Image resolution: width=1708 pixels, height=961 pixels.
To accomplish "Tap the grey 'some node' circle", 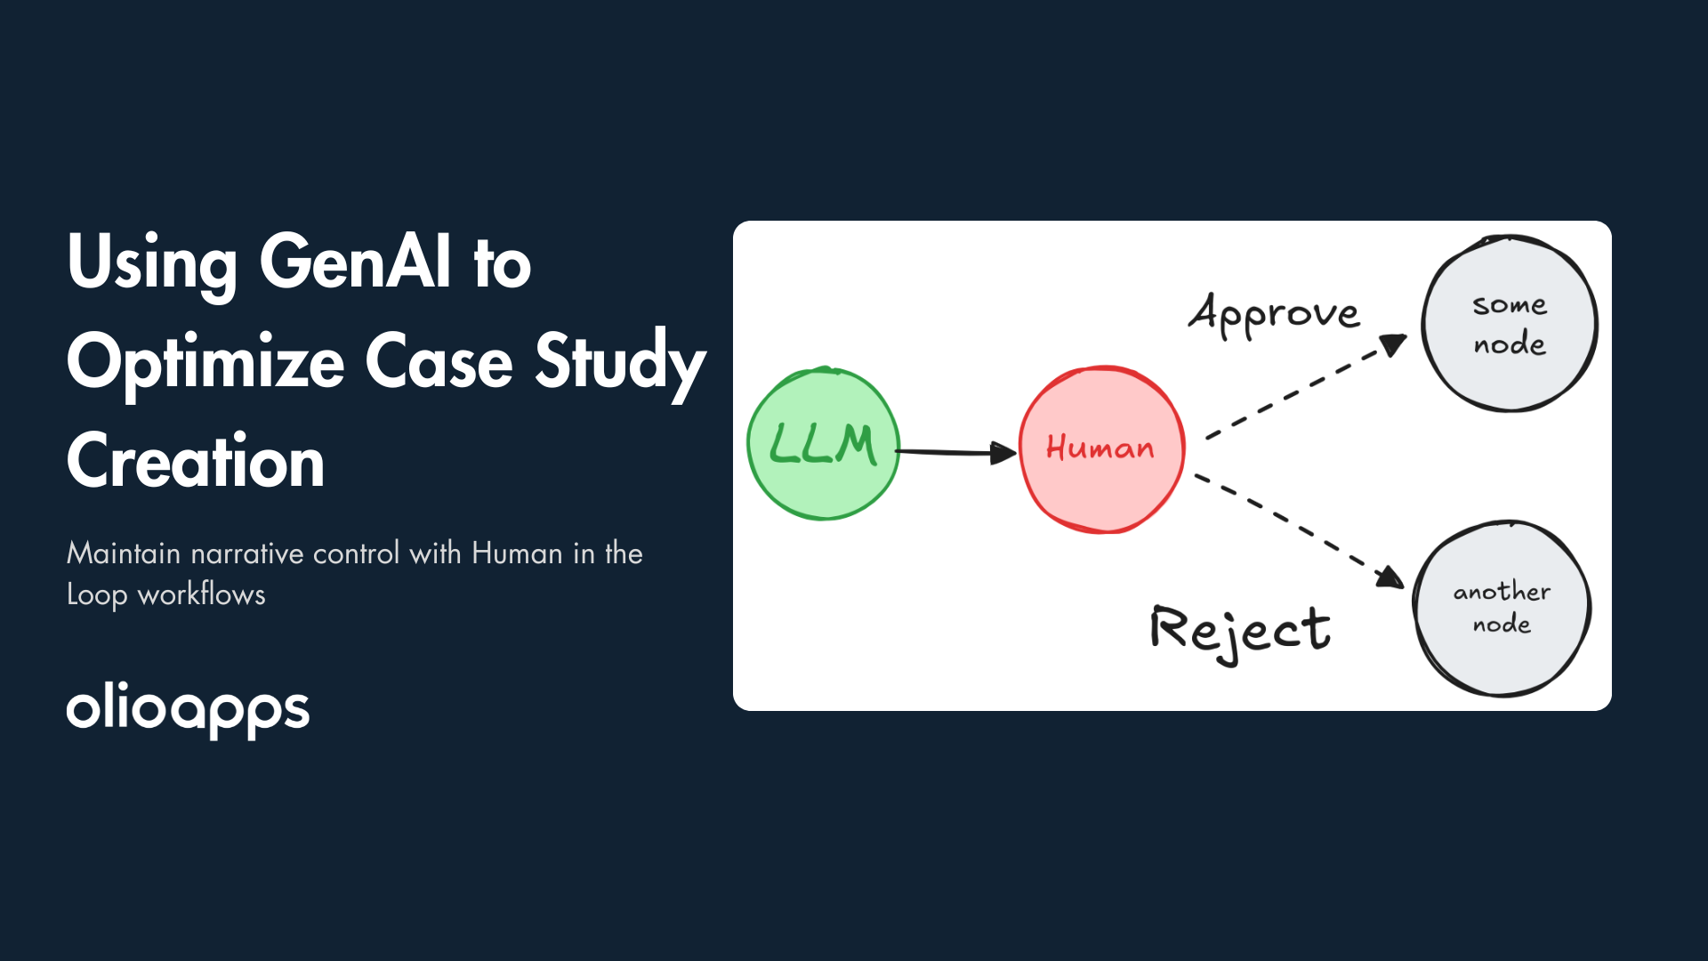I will coord(1510,324).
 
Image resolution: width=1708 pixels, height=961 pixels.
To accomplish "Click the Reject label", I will coord(1240,631).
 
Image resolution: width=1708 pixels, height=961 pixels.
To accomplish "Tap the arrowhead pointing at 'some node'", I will coord(1394,344).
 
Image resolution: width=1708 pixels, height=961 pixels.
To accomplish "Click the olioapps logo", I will coord(188,710).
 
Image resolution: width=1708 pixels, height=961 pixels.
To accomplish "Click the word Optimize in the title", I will coord(205,362).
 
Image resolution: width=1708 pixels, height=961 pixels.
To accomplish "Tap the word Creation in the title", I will coord(196,461).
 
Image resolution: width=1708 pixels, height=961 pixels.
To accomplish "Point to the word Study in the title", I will coord(620,362).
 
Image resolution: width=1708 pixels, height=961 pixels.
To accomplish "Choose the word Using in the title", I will coord(152,262).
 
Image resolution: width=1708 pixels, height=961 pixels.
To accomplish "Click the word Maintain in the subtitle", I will coord(124,553).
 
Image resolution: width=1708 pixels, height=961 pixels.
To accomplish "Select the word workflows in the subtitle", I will coord(202,594).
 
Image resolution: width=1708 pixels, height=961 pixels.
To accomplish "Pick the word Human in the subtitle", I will coord(517,553).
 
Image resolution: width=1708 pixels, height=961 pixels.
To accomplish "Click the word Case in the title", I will coord(439,362).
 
